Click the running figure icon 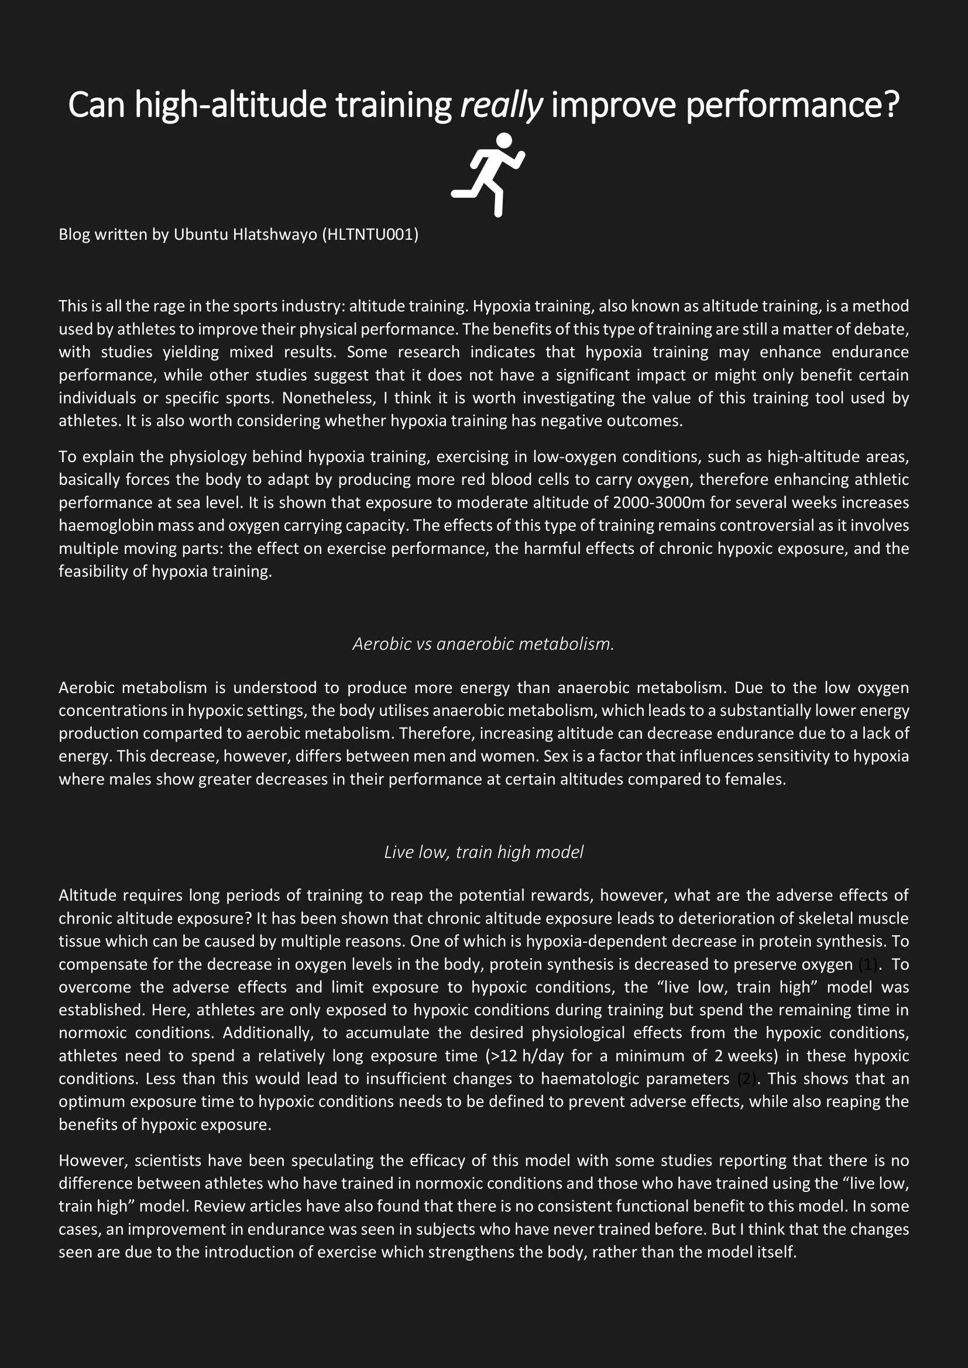pyautogui.click(x=488, y=174)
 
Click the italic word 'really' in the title pyautogui.click(x=502, y=105)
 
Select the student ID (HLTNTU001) pyautogui.click(x=370, y=235)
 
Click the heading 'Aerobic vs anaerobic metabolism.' pyautogui.click(x=483, y=644)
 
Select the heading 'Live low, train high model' pyautogui.click(x=483, y=852)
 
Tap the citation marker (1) pyautogui.click(x=868, y=964)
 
